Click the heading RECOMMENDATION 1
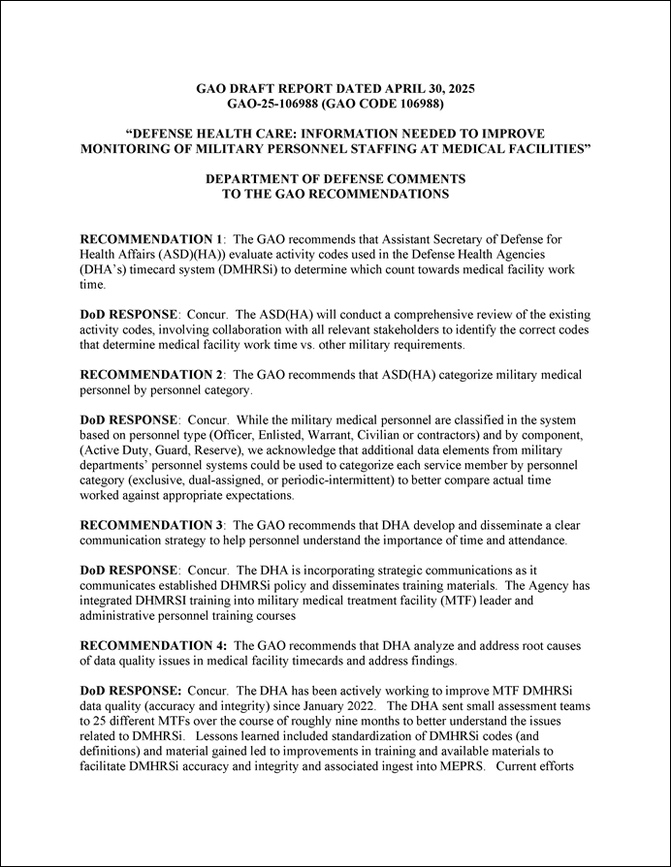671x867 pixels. (x=151, y=238)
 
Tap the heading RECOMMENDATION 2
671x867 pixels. (x=151, y=374)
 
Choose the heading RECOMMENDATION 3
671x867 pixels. (x=151, y=524)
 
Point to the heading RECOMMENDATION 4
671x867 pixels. (x=152, y=644)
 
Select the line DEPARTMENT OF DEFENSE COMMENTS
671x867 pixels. (x=335, y=179)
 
